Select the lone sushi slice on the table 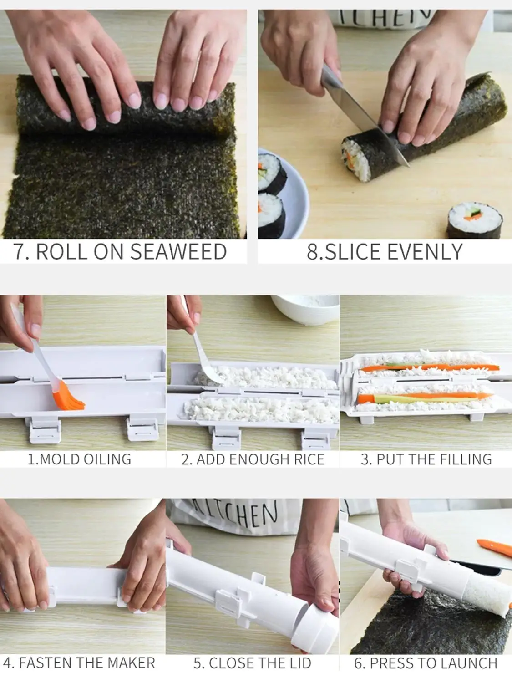(474, 221)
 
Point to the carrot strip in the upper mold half (428, 366)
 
